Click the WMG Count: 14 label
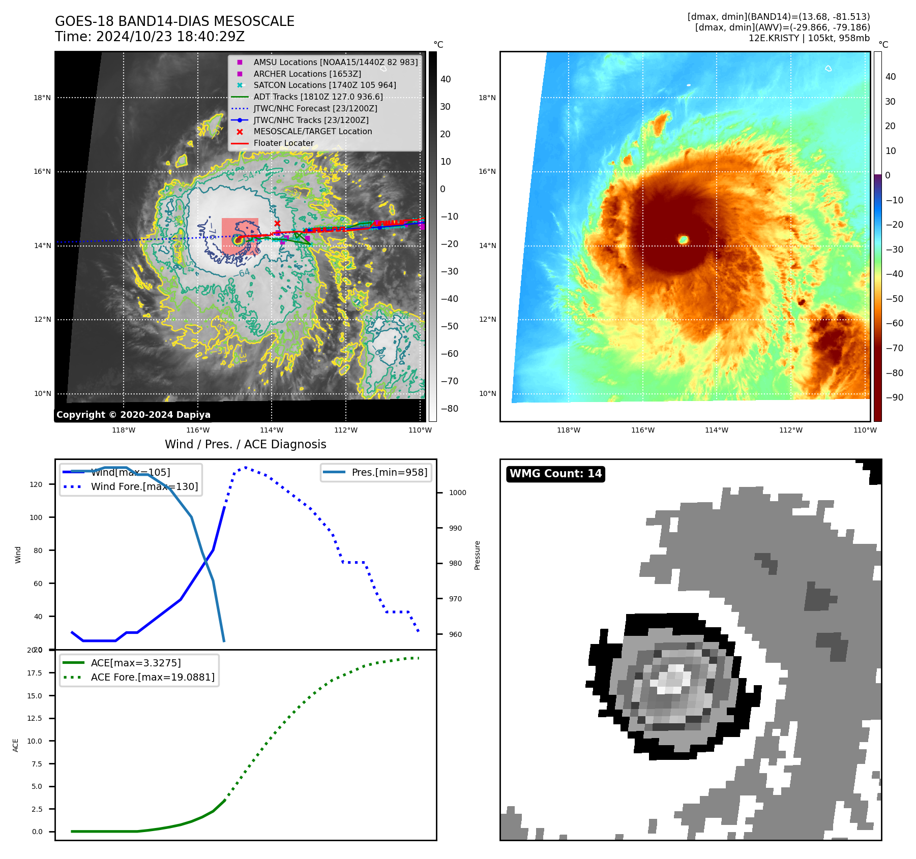point(555,474)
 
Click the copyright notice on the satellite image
point(133,415)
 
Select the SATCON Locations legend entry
point(324,85)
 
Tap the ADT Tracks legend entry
point(318,97)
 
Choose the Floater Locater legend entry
point(283,143)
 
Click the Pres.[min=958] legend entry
point(389,472)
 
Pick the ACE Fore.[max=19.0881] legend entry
point(153,677)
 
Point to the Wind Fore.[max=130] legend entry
point(144,486)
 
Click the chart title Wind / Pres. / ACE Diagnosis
point(245,444)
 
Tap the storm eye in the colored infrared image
point(683,239)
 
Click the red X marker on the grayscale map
point(277,223)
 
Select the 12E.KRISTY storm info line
point(809,38)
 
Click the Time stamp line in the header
point(150,37)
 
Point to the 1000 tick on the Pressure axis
point(457,493)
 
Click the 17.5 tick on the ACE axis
point(35,673)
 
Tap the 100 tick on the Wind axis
point(36,517)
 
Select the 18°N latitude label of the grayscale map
point(42,98)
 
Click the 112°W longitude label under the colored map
point(790,430)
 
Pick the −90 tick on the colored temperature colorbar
point(894,397)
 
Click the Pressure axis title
point(477,555)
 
